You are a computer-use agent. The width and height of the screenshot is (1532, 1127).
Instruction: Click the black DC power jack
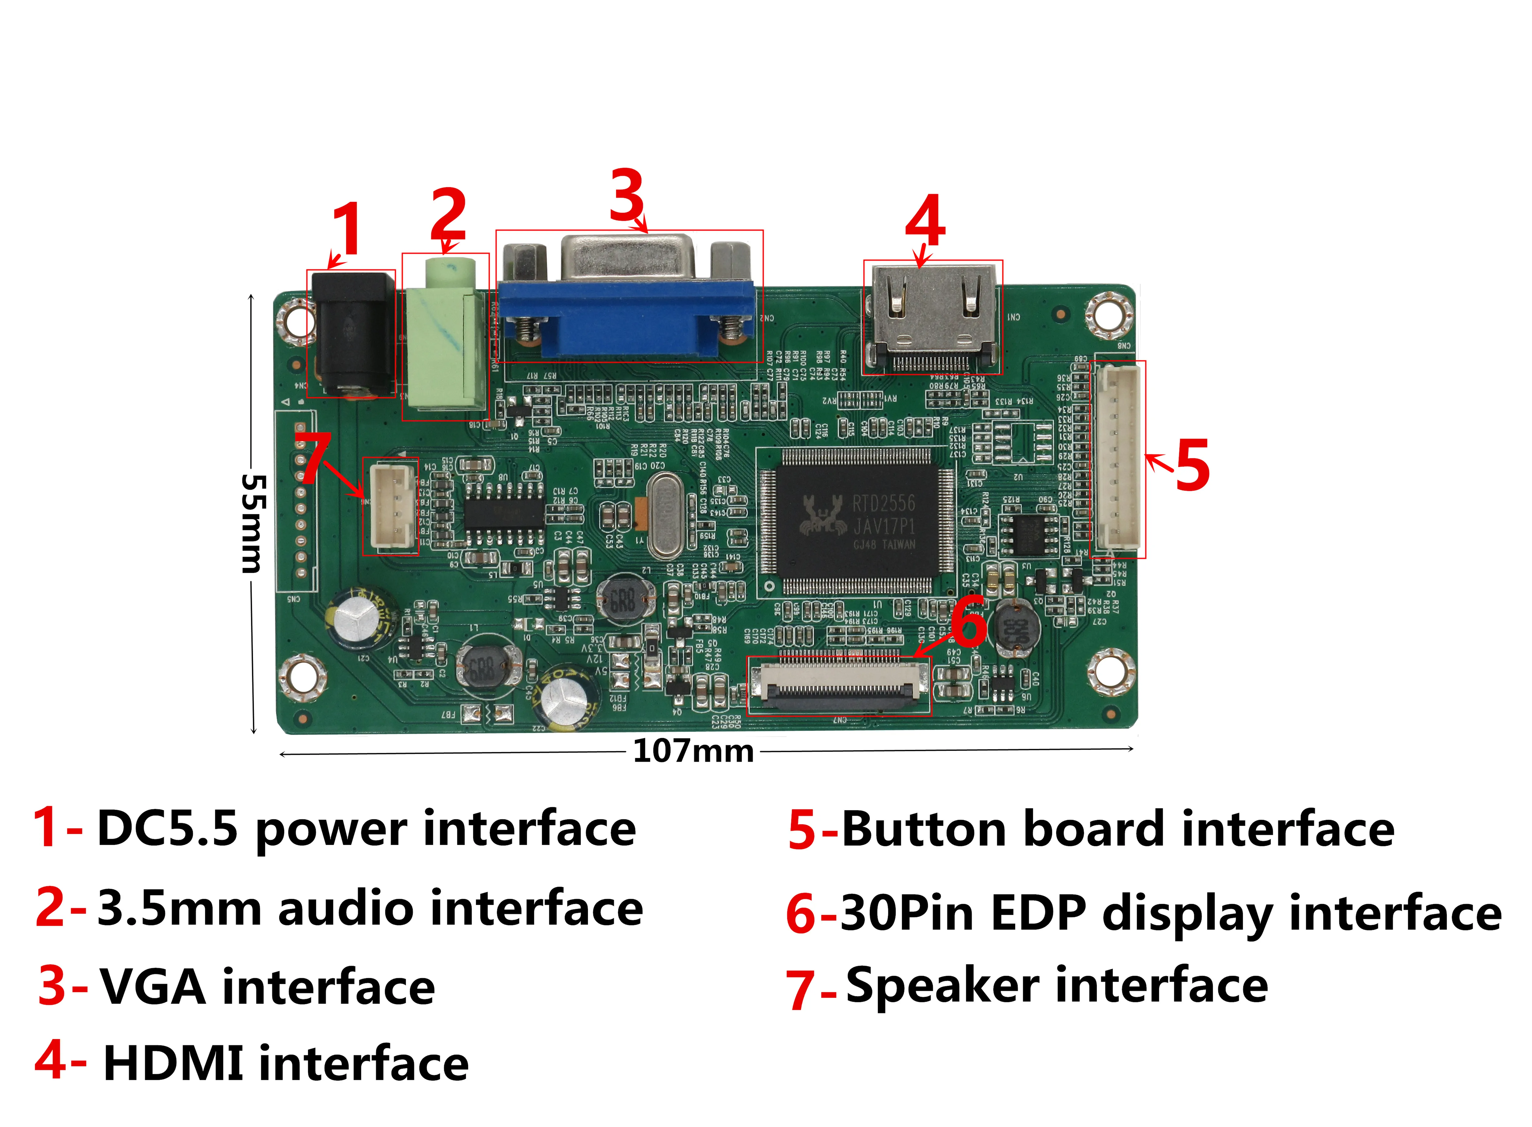click(x=352, y=332)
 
